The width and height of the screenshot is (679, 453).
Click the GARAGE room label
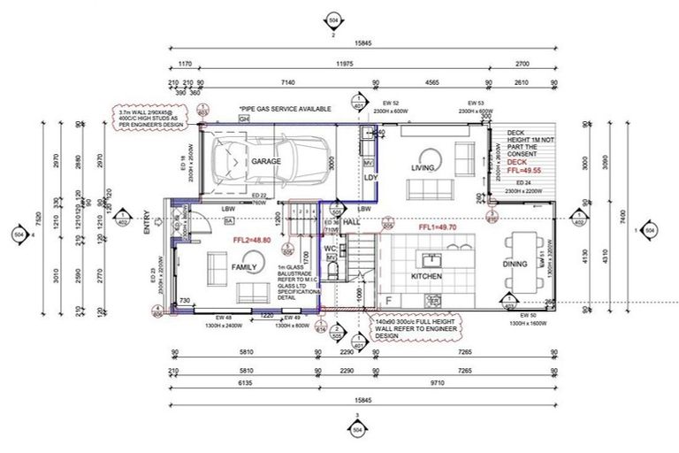[265, 162]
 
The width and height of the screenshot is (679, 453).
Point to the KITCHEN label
[426, 277]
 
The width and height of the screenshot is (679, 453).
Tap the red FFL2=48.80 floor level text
[251, 240]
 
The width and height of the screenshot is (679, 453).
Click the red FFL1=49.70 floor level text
[438, 227]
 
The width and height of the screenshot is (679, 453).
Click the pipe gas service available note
[285, 108]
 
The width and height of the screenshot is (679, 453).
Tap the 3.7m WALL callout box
[150, 116]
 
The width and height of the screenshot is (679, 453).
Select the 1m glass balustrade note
[300, 282]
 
